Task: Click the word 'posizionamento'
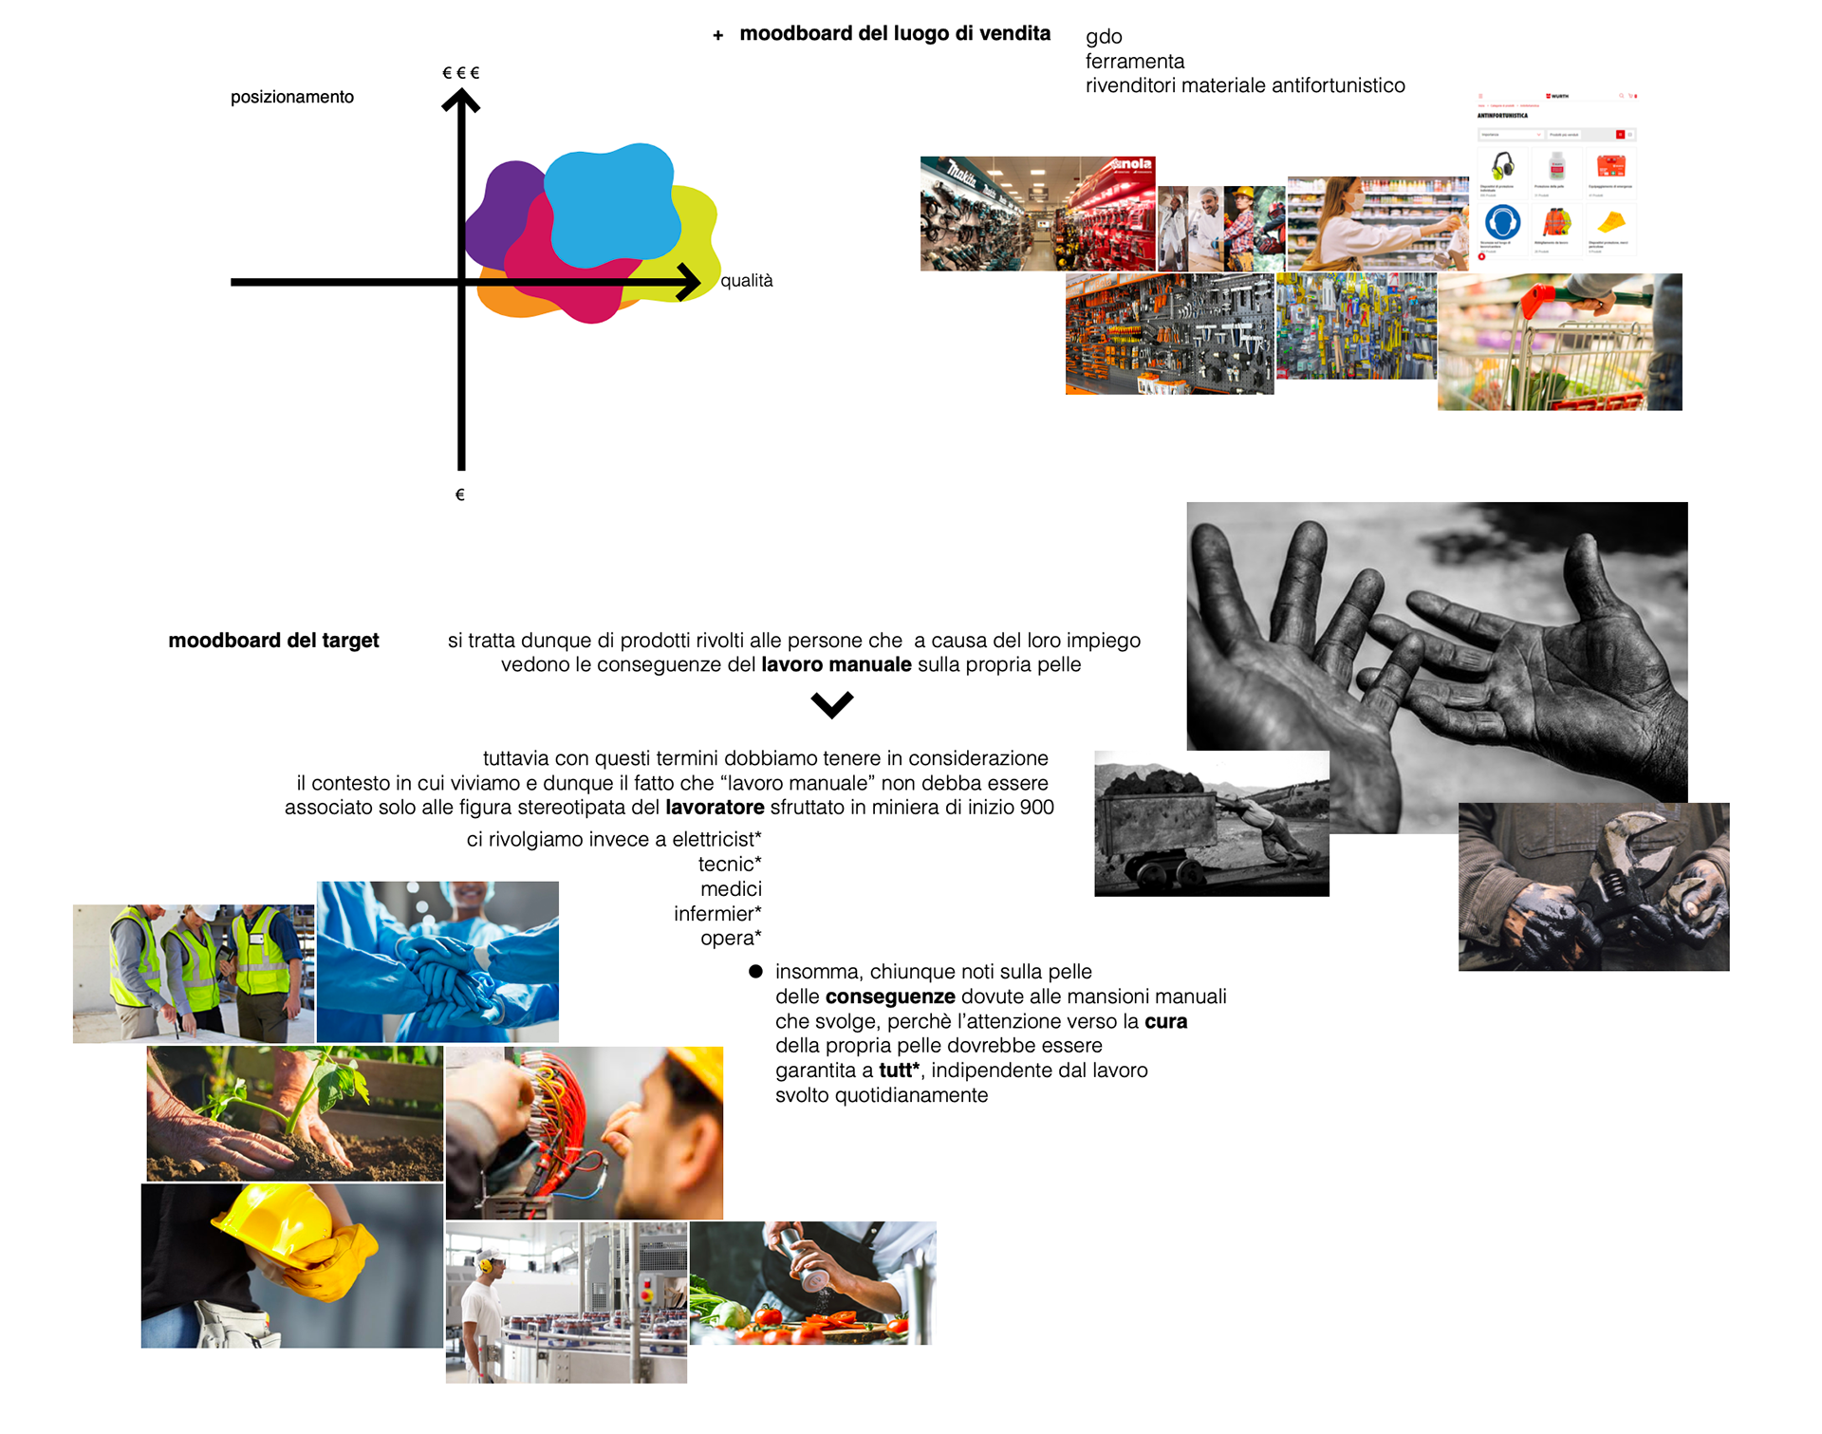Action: tap(291, 97)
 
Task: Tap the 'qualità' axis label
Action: tap(746, 281)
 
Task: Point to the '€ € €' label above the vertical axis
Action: tap(461, 73)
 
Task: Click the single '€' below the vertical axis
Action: tap(460, 494)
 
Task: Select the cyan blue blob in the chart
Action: tap(612, 204)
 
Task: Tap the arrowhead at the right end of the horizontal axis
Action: tap(688, 282)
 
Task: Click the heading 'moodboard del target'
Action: tap(273, 641)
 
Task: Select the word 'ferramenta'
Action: tap(1135, 62)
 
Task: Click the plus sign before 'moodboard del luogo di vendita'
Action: tap(718, 36)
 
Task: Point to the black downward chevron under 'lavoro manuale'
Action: tap(832, 705)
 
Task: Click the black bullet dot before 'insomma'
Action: tap(755, 971)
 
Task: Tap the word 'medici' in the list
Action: tap(731, 889)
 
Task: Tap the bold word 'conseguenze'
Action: tap(890, 996)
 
